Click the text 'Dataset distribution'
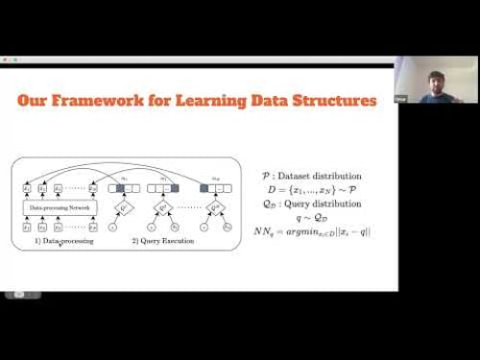tap(325, 176)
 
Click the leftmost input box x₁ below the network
tap(27, 227)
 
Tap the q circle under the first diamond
tap(114, 227)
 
